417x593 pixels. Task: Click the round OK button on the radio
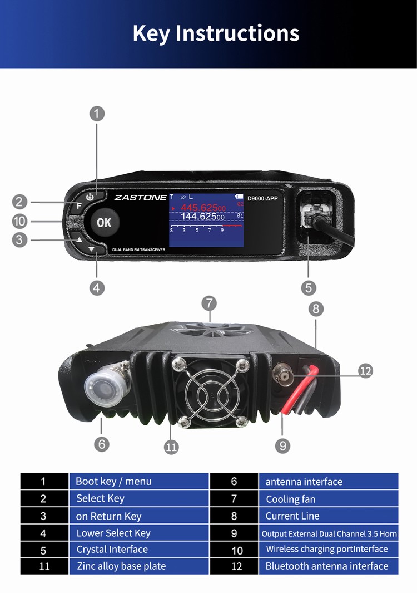tap(104, 223)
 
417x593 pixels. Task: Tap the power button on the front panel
tap(90, 197)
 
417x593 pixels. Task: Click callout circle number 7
tap(209, 303)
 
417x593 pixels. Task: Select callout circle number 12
tap(365, 371)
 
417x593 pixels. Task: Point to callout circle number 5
tap(309, 288)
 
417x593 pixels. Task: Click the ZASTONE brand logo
tap(140, 197)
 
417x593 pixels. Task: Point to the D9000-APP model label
tap(262, 198)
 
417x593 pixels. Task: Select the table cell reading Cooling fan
tap(328, 499)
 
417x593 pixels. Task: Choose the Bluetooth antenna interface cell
tap(328, 566)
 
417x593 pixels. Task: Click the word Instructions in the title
tap(237, 33)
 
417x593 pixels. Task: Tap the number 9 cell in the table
tap(234, 533)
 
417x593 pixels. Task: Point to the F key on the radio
tap(79, 205)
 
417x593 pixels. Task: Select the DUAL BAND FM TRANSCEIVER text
tap(138, 250)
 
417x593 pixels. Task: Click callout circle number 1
tap(97, 114)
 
